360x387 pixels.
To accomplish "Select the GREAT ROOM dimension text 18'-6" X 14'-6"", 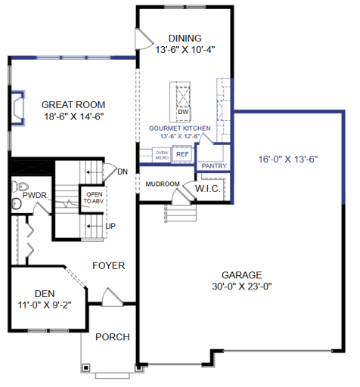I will point(73,117).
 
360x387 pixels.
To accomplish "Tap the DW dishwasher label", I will point(182,113).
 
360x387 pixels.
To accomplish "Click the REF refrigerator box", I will point(182,153).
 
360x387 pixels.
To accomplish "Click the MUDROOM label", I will point(163,184).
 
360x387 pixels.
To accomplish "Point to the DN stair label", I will point(123,172).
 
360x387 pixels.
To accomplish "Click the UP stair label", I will point(110,226).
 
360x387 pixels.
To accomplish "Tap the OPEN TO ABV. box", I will point(95,198).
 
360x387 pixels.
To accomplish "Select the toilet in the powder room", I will point(21,185).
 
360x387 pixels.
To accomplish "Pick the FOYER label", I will point(109,265).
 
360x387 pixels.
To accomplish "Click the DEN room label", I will point(45,294).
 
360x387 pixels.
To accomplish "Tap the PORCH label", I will point(112,337).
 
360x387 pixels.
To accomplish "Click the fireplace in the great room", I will point(17,107).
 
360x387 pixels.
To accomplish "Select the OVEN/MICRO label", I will point(162,154).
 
